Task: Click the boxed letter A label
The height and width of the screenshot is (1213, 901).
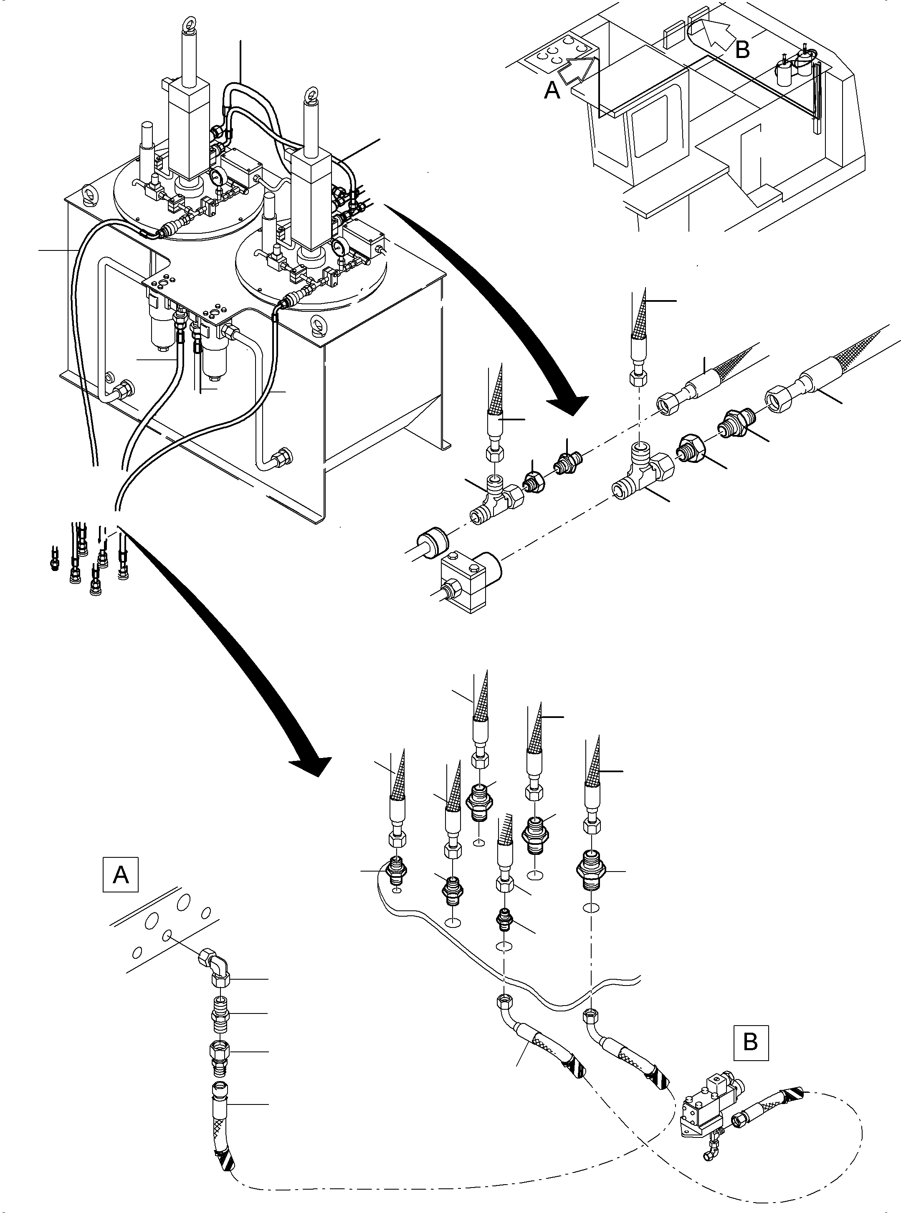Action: (x=121, y=875)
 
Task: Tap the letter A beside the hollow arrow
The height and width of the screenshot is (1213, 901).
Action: (x=552, y=90)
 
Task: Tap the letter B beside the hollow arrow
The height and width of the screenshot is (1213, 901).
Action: (x=742, y=50)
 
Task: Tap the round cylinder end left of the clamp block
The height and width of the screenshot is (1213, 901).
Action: (x=433, y=540)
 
